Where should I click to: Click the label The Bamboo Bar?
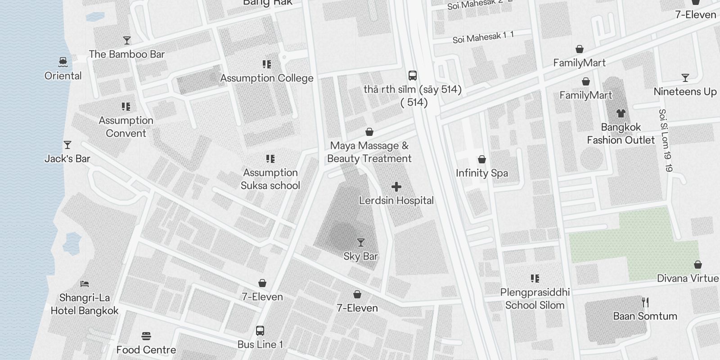(x=126, y=54)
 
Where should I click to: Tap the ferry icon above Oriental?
(x=63, y=62)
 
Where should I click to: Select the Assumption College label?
(x=267, y=78)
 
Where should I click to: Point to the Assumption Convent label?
(x=126, y=127)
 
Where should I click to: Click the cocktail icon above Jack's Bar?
(x=67, y=145)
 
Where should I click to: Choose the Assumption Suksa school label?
(x=270, y=179)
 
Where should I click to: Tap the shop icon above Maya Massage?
(x=369, y=132)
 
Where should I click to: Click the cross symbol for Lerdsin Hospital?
(x=396, y=187)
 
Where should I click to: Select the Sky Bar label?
(x=360, y=256)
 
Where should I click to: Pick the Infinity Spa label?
(x=481, y=173)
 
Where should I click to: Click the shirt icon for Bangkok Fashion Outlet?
(x=621, y=113)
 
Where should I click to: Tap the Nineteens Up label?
(x=685, y=91)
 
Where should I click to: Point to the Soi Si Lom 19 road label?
(x=665, y=140)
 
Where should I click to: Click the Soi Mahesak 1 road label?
(x=483, y=37)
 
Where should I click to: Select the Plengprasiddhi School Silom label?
(x=535, y=299)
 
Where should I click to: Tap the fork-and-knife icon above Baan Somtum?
(x=645, y=302)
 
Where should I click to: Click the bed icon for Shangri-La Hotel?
(x=85, y=284)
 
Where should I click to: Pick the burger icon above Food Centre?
(x=146, y=336)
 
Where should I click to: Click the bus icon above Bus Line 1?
(x=260, y=331)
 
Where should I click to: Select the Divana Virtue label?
(x=688, y=278)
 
